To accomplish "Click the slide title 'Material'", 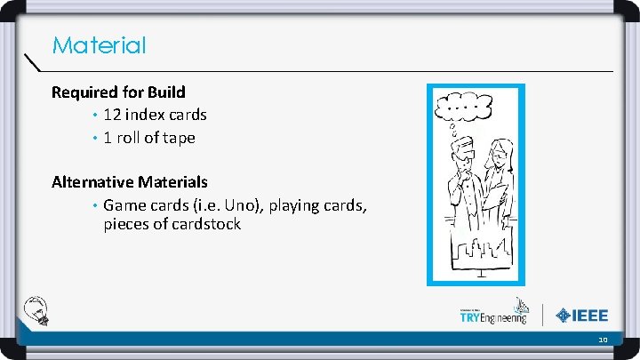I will point(99,45).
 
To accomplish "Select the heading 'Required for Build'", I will point(118,92).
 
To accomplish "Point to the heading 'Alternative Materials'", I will point(130,182).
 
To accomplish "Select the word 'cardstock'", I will point(202,224).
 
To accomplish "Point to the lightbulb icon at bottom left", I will point(37,310).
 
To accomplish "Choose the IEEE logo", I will point(582,315).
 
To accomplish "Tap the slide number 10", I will point(603,340).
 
